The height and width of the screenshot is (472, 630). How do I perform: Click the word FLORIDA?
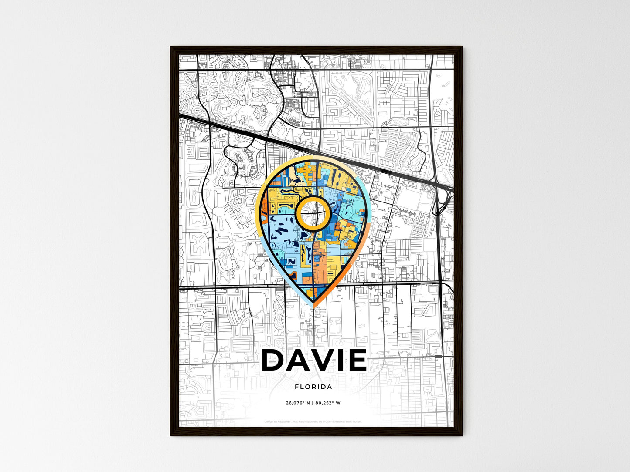pos(313,387)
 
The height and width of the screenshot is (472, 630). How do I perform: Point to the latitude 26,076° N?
pos(298,403)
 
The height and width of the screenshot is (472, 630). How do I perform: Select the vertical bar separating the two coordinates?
pos(313,403)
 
